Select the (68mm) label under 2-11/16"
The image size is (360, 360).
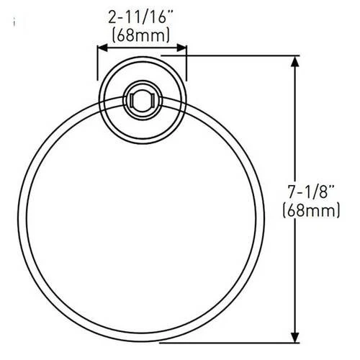[142, 33]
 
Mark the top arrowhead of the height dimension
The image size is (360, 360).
[294, 60]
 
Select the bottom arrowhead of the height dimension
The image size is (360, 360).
[294, 339]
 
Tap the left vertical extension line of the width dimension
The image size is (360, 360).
[97, 65]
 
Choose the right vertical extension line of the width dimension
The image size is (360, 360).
[186, 65]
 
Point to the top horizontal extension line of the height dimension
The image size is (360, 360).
[230, 55]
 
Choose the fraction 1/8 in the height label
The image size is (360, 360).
[317, 192]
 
